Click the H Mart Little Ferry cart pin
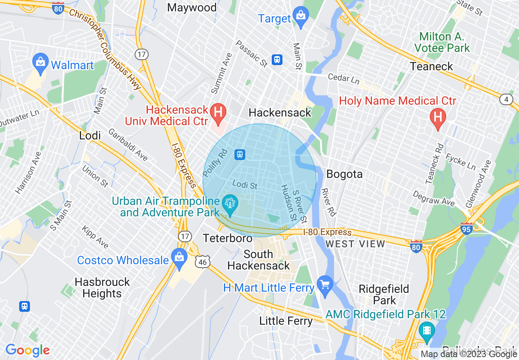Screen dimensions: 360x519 point(325,286)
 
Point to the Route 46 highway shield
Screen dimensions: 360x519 point(203,261)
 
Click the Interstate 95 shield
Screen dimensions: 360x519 point(467,228)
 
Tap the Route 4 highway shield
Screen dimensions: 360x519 point(506,99)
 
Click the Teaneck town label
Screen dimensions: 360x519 point(431,66)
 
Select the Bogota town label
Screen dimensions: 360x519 point(344,174)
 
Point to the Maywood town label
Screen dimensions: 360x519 point(192,7)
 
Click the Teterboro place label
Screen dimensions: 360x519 point(228,238)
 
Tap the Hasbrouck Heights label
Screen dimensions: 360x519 point(102,288)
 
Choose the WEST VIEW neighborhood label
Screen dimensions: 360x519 point(355,244)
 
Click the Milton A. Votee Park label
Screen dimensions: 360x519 point(442,42)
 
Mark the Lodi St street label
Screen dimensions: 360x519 point(245,185)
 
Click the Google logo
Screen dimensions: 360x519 point(27,350)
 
